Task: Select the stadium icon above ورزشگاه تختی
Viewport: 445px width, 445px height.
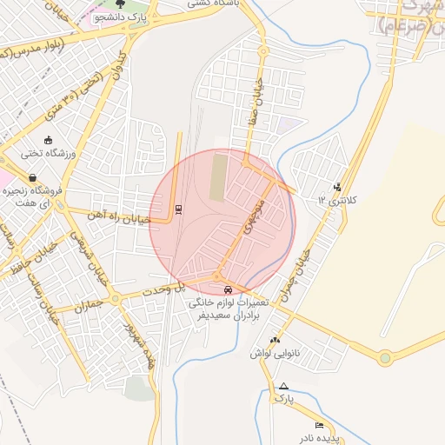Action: click(x=47, y=140)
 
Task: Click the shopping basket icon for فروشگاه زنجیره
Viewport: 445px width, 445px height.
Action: click(x=32, y=177)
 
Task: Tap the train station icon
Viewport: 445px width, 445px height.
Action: click(x=178, y=209)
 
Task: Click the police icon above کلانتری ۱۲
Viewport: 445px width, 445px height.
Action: click(x=337, y=187)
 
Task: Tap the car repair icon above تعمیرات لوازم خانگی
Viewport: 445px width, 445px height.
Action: click(x=228, y=289)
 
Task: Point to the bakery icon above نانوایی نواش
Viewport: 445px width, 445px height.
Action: click(x=275, y=340)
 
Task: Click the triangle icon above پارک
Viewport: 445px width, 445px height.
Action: click(x=283, y=385)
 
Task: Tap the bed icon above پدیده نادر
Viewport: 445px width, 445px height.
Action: click(x=319, y=424)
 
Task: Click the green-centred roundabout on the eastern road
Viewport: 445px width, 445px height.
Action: click(x=384, y=357)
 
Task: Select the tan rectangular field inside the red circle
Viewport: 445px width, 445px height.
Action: click(x=217, y=176)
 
